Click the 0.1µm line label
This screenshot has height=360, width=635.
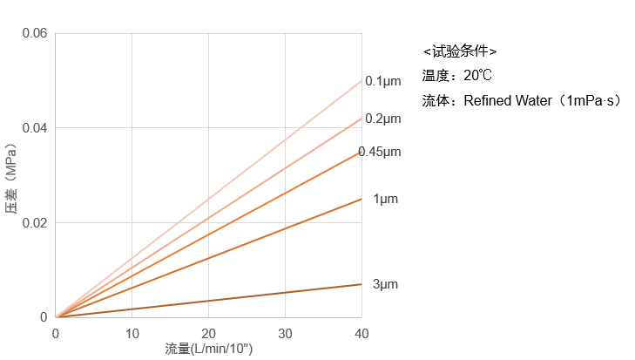[382, 81]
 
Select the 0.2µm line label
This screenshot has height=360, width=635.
[382, 119]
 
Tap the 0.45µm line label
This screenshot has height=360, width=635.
[381, 152]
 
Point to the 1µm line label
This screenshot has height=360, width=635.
[385, 199]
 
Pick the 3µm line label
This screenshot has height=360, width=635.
[385, 284]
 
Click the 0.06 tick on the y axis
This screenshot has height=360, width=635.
[35, 33]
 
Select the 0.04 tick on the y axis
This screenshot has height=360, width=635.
[35, 128]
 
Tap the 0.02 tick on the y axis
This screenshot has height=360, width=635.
[35, 222]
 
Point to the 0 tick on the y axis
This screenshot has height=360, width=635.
[44, 317]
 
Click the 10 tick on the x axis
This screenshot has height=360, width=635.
[132, 334]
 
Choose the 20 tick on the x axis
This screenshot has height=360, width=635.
[208, 334]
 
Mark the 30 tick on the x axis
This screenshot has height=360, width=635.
[285, 334]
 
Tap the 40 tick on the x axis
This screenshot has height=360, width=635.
[361, 334]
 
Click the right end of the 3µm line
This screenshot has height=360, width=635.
[361, 284]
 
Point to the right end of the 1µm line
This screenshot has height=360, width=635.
[361, 199]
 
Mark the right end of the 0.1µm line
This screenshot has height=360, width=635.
[361, 80]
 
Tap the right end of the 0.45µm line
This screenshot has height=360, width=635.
[361, 152]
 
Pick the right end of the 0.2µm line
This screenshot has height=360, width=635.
[361, 118]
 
